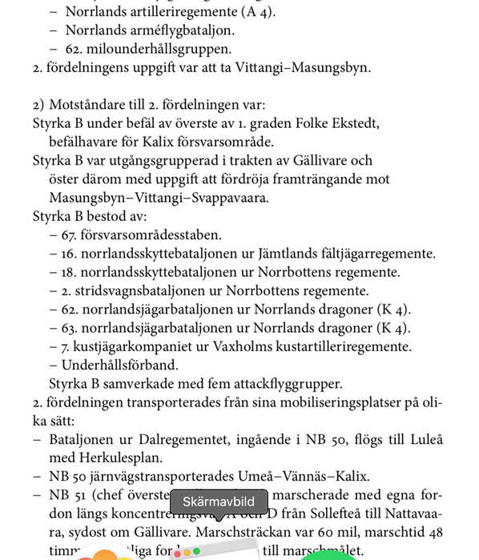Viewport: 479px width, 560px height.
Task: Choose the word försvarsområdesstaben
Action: (151, 235)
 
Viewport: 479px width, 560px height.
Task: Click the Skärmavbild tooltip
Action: (219, 502)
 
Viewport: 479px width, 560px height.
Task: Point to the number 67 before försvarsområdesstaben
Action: (69, 235)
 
